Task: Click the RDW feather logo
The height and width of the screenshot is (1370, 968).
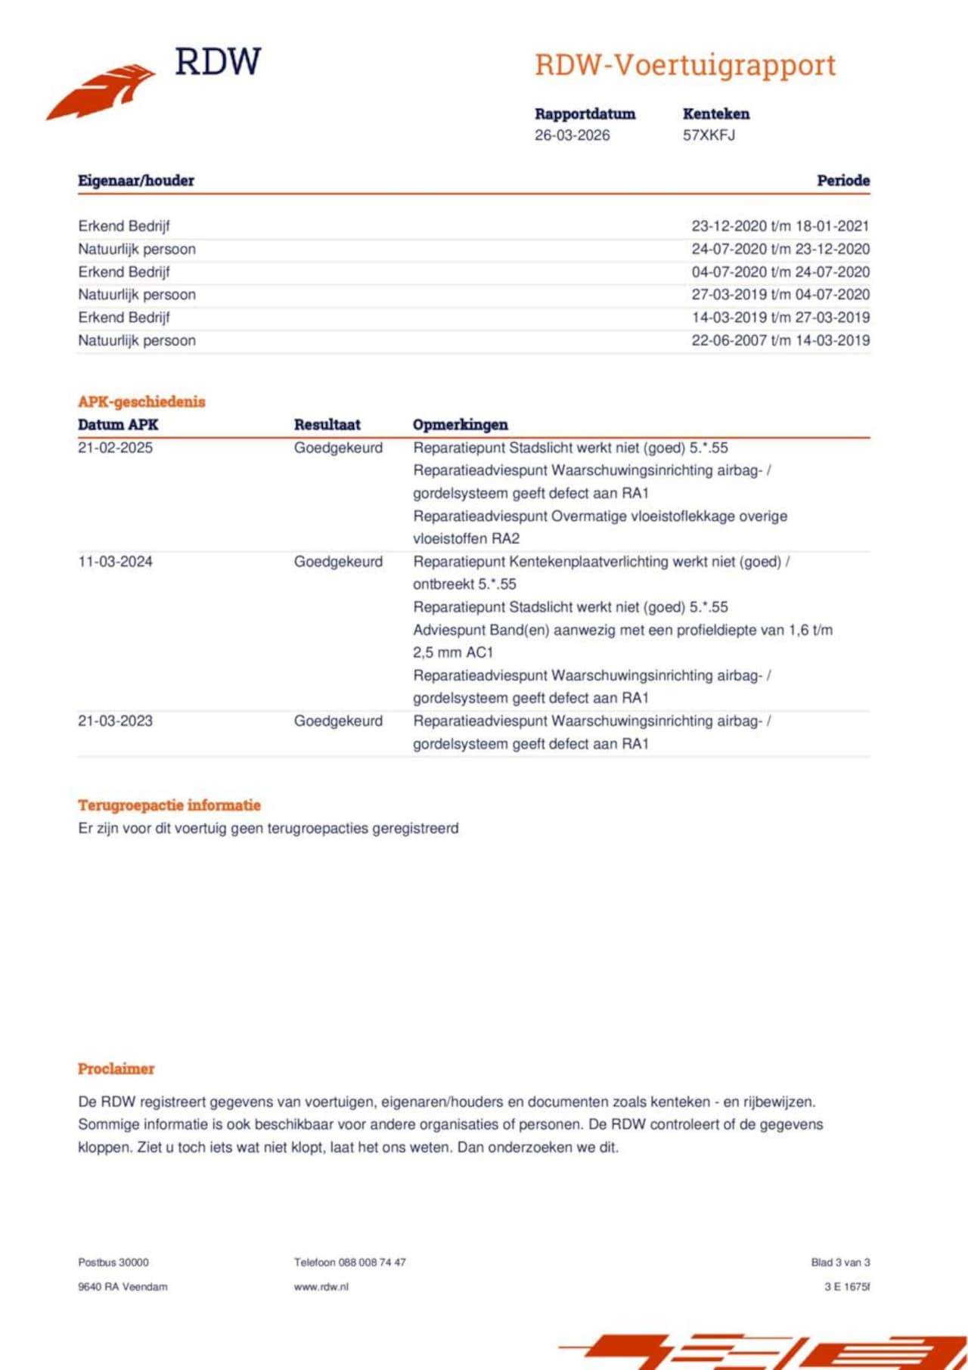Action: point(102,91)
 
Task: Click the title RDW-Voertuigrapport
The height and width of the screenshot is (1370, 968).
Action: point(685,65)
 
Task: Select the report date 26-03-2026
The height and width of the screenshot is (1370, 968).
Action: point(572,135)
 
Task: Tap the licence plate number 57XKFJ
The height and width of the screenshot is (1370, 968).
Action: point(709,135)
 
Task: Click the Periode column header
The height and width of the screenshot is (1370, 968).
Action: point(842,181)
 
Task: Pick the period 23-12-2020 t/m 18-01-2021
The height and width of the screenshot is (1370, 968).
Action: point(780,226)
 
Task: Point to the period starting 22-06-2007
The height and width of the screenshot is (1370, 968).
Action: point(780,340)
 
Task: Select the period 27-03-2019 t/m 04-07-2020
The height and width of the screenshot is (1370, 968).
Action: point(780,295)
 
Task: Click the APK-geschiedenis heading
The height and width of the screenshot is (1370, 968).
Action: point(141,401)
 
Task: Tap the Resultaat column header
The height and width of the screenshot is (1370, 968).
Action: point(327,425)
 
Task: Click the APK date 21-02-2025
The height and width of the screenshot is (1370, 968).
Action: point(115,448)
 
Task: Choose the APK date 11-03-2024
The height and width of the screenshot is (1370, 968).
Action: point(115,562)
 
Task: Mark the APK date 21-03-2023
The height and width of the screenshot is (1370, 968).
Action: point(115,721)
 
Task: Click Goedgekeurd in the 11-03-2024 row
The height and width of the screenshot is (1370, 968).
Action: point(338,562)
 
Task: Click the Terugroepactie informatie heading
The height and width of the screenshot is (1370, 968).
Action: point(169,805)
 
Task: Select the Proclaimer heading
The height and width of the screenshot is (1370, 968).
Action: point(116,1069)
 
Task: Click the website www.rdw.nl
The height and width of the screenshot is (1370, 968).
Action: point(321,1287)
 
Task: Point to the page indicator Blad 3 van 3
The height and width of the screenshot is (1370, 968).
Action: point(840,1262)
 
